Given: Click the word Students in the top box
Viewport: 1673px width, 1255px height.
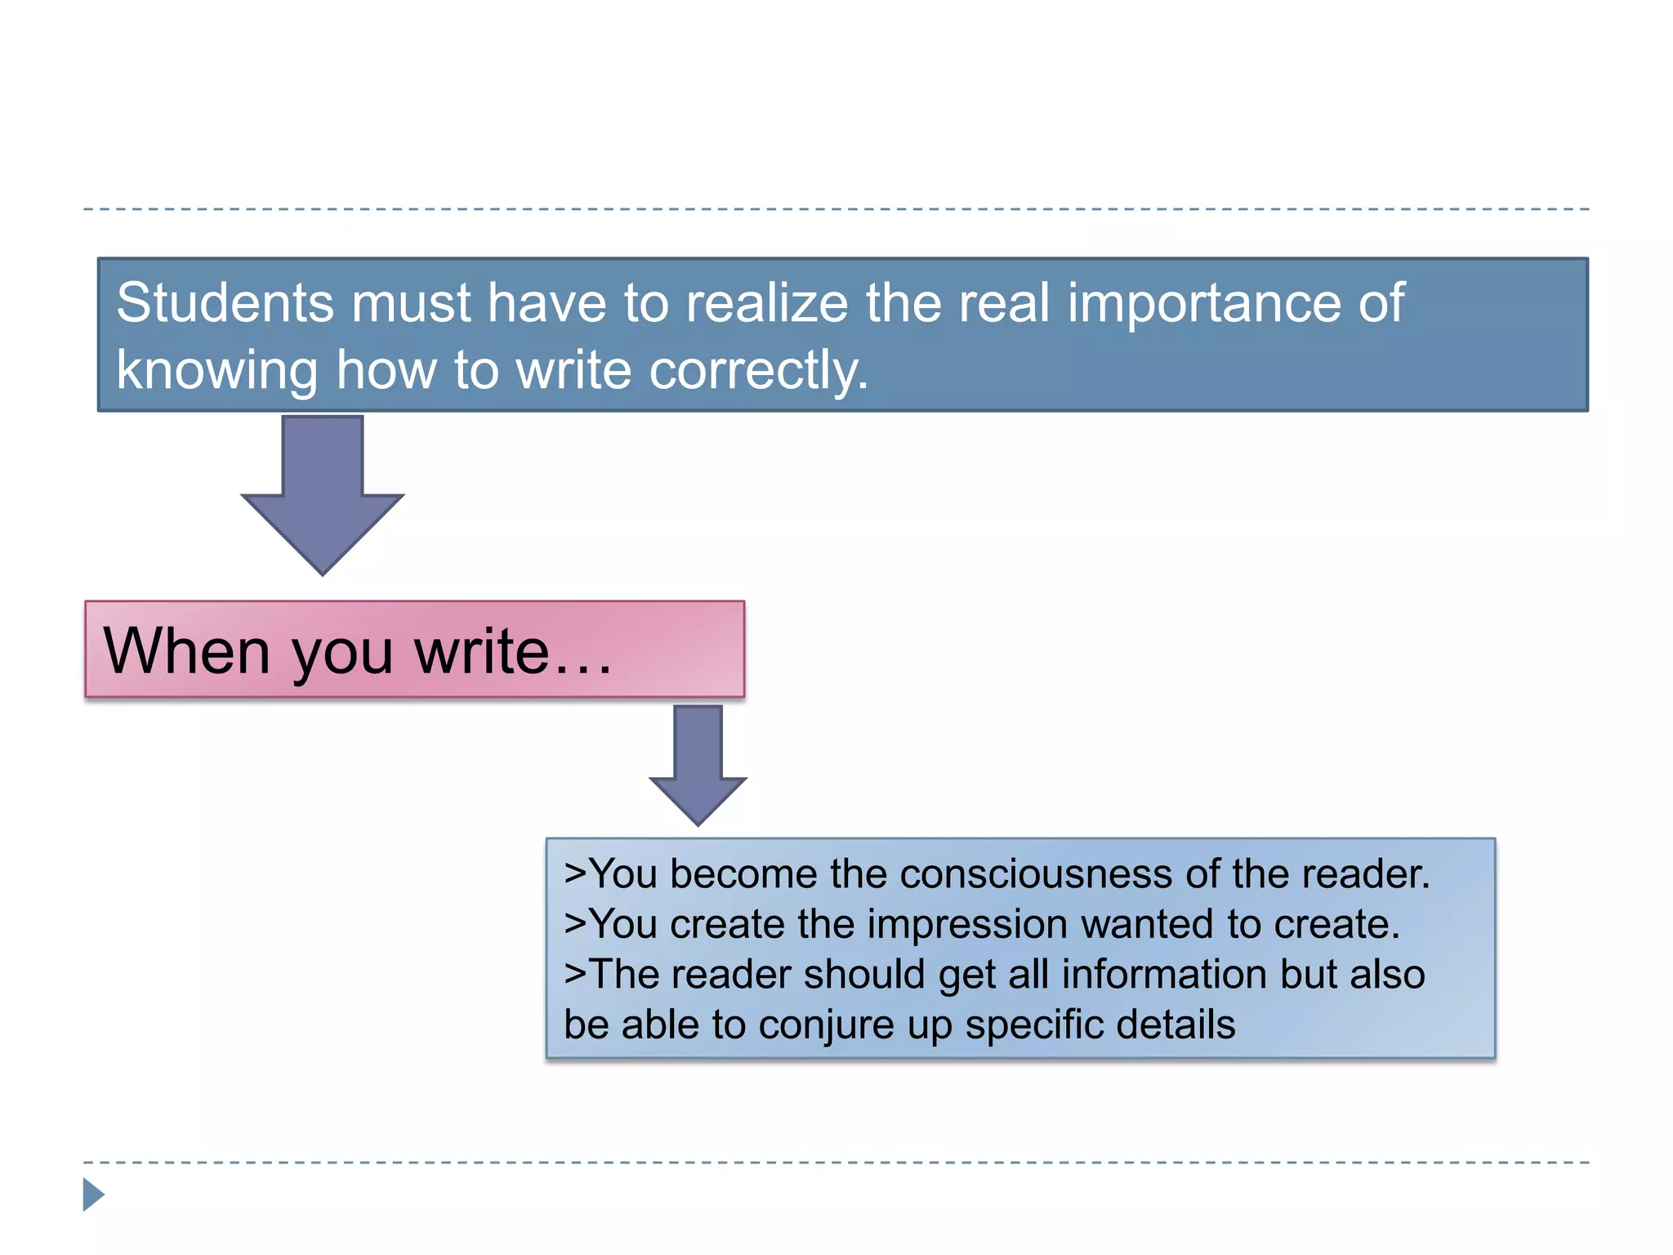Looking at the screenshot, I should click(x=225, y=303).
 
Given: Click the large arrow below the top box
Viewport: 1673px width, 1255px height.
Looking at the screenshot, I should click(x=323, y=494).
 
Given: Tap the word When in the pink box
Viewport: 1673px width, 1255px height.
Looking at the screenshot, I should click(x=186, y=651).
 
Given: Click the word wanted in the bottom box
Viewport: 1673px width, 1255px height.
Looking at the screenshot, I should click(x=1147, y=925).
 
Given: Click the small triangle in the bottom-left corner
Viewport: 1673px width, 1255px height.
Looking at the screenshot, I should click(x=93, y=1195).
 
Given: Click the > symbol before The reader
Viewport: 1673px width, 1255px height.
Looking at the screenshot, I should click(x=575, y=975).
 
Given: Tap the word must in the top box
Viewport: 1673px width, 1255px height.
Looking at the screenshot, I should click(x=411, y=303).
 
